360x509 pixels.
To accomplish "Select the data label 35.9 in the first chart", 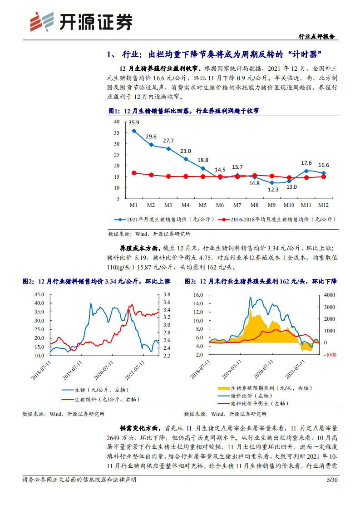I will (134, 122).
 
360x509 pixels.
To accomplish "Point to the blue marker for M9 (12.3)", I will (272, 182).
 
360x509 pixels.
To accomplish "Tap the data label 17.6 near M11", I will (306, 163).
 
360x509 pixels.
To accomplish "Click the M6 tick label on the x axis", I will (220, 205).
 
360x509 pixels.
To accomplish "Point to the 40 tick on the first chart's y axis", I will (116, 122).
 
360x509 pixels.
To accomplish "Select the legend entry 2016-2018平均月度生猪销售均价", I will (276, 219).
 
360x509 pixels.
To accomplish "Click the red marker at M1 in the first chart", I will (134, 173).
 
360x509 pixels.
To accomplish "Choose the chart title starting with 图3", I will (261, 282).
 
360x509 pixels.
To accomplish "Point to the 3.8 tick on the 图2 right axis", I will (166, 294).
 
